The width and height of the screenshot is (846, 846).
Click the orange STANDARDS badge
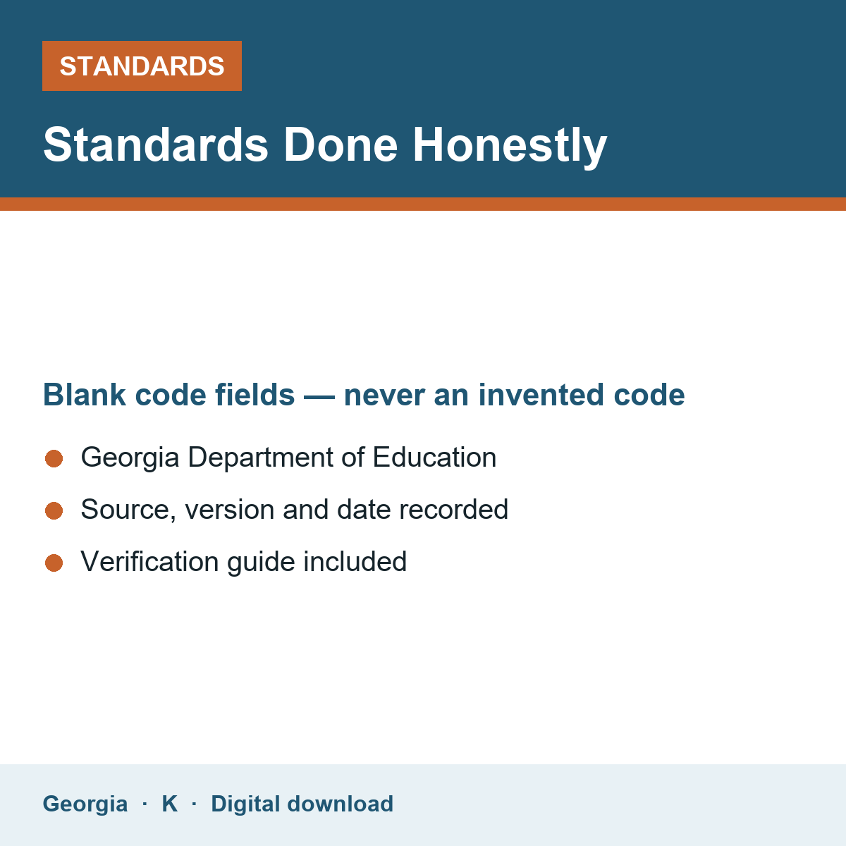(142, 66)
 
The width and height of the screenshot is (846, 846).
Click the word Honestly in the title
(510, 146)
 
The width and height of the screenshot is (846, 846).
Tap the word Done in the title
(341, 145)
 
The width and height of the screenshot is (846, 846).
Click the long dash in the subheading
(319, 397)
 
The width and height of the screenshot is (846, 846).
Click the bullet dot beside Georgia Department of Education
(54, 458)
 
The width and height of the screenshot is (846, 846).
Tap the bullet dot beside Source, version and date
(54, 510)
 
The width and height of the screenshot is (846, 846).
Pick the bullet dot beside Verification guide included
(54, 563)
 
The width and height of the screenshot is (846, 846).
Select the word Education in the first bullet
(435, 457)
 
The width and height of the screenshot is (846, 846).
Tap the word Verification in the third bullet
(149, 561)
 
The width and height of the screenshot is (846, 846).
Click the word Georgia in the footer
(85, 804)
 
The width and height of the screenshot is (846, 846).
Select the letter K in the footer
(170, 804)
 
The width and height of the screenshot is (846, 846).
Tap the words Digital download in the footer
(302, 804)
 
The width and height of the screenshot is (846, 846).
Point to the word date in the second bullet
(364, 509)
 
